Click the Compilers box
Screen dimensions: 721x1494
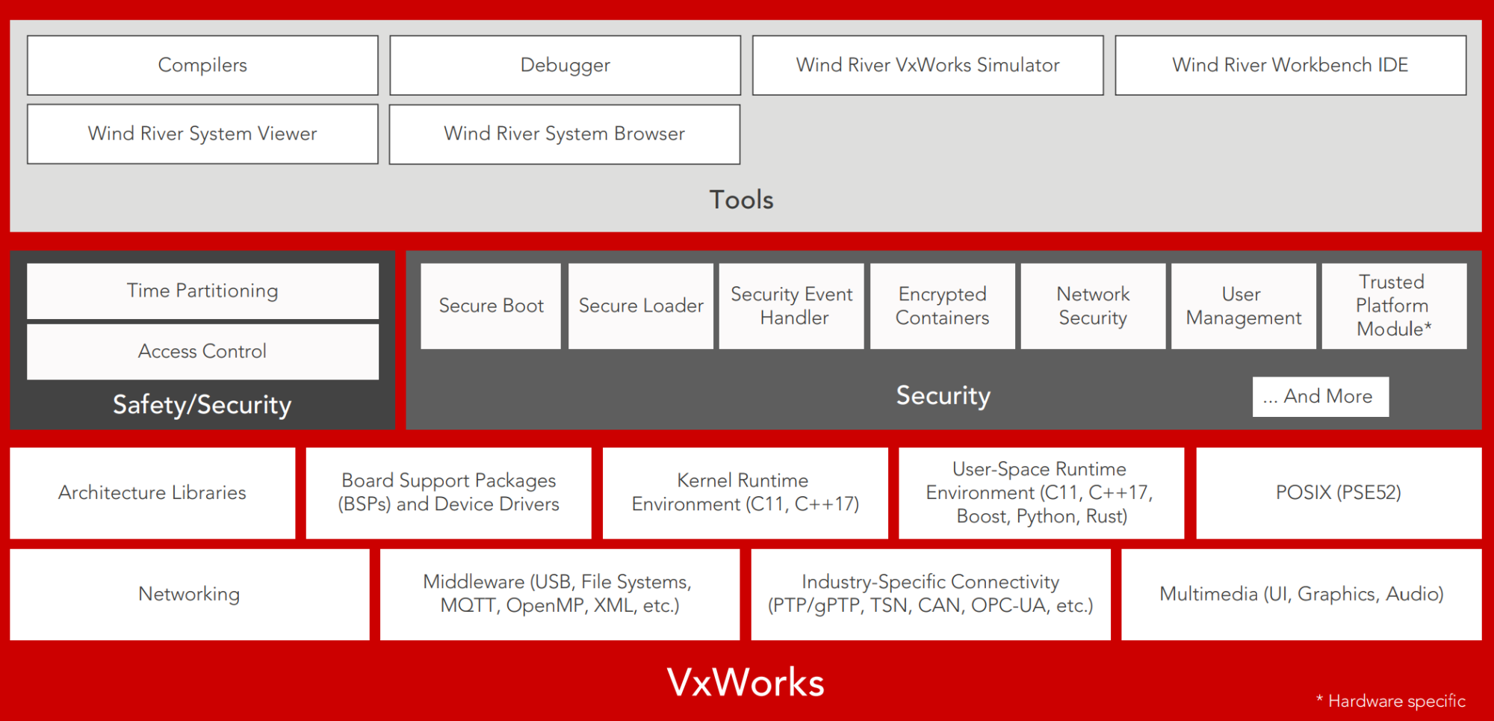[x=202, y=65]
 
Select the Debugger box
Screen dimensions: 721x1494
[x=565, y=65]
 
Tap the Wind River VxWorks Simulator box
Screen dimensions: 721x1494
[x=928, y=65]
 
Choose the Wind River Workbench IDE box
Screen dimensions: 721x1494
[x=1290, y=65]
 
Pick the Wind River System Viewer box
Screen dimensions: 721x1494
[x=202, y=134]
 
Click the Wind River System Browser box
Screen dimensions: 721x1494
[x=565, y=134]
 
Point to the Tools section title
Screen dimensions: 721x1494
[x=741, y=199]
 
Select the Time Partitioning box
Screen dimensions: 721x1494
[x=202, y=291]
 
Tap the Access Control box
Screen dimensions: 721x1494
[x=202, y=351]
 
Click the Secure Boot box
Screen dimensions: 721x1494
[x=491, y=306]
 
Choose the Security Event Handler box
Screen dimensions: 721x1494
[x=792, y=306]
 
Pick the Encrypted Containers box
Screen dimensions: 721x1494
[x=943, y=306]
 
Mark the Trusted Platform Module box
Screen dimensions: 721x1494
[x=1394, y=306]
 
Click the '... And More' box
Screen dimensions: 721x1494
[x=1321, y=396]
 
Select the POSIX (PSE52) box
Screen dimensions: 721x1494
[x=1339, y=492]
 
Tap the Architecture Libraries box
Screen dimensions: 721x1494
[x=152, y=492]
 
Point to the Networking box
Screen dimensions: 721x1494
[x=189, y=594]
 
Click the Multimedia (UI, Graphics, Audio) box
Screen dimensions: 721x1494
[x=1301, y=594]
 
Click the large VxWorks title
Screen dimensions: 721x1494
[x=746, y=682]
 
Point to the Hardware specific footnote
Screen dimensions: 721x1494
[x=1391, y=701]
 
